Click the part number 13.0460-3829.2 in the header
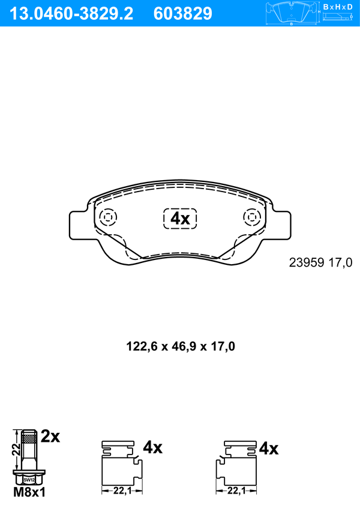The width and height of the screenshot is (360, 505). pyautogui.click(x=71, y=14)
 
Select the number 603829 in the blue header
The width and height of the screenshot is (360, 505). pyautogui.click(x=183, y=14)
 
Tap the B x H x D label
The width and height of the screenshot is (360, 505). pyautogui.click(x=338, y=7)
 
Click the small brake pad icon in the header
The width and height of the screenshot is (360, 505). pyautogui.click(x=292, y=13)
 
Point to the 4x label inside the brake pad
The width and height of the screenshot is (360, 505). pyautogui.click(x=180, y=219)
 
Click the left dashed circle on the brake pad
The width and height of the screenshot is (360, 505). pyautogui.click(x=108, y=217)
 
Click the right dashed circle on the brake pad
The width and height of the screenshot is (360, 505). pyautogui.click(x=252, y=217)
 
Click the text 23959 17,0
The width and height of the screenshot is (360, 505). pyautogui.click(x=321, y=263)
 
